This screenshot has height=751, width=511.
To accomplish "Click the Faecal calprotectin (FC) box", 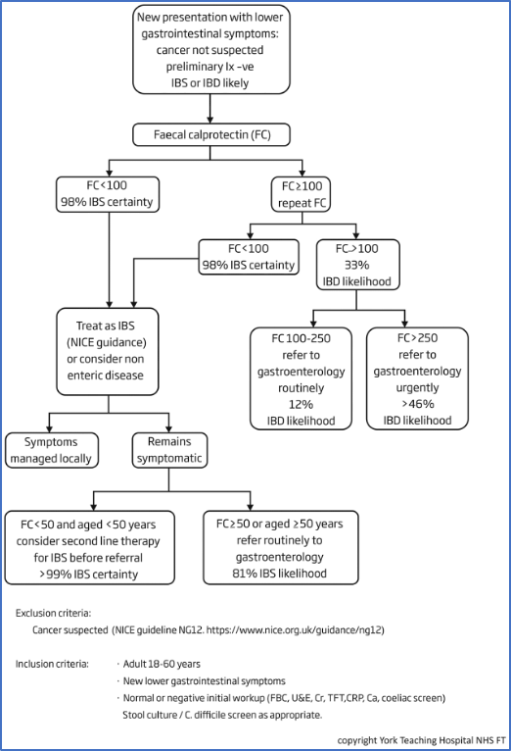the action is click(211, 134).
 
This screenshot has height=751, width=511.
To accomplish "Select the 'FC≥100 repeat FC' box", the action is click(302, 194).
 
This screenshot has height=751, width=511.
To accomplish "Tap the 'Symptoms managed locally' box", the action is click(52, 450).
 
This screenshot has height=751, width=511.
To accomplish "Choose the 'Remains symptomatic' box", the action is click(169, 450).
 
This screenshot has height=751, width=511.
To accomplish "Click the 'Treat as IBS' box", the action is click(108, 352).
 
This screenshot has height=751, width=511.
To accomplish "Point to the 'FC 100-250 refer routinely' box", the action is click(302, 378).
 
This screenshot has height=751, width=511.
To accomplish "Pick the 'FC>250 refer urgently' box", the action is click(417, 378).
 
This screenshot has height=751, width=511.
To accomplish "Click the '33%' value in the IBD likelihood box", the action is click(357, 265).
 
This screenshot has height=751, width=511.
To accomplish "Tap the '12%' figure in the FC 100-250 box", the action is click(301, 404).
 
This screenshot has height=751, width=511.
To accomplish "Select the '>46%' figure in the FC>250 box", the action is click(417, 404).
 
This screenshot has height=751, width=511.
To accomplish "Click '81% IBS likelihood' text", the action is click(280, 574).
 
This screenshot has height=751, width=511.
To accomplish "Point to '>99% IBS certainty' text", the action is click(88, 574).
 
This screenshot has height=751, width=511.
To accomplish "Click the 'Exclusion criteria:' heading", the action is click(53, 613).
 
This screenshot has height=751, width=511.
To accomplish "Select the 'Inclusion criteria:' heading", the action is click(52, 664).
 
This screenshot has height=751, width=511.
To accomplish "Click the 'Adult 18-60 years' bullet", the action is click(162, 664).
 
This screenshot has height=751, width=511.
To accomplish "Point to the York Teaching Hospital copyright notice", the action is click(422, 740).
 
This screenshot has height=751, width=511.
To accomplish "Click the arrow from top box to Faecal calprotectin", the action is click(209, 109).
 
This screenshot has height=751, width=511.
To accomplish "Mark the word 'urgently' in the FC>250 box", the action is click(417, 387).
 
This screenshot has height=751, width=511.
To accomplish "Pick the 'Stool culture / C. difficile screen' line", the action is click(222, 715).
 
